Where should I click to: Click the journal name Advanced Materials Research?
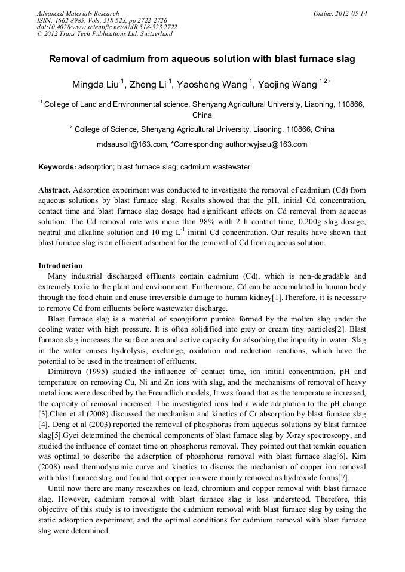(x=78, y=13)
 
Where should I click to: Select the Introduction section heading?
(x=60, y=266)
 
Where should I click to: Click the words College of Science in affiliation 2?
(x=105, y=129)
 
